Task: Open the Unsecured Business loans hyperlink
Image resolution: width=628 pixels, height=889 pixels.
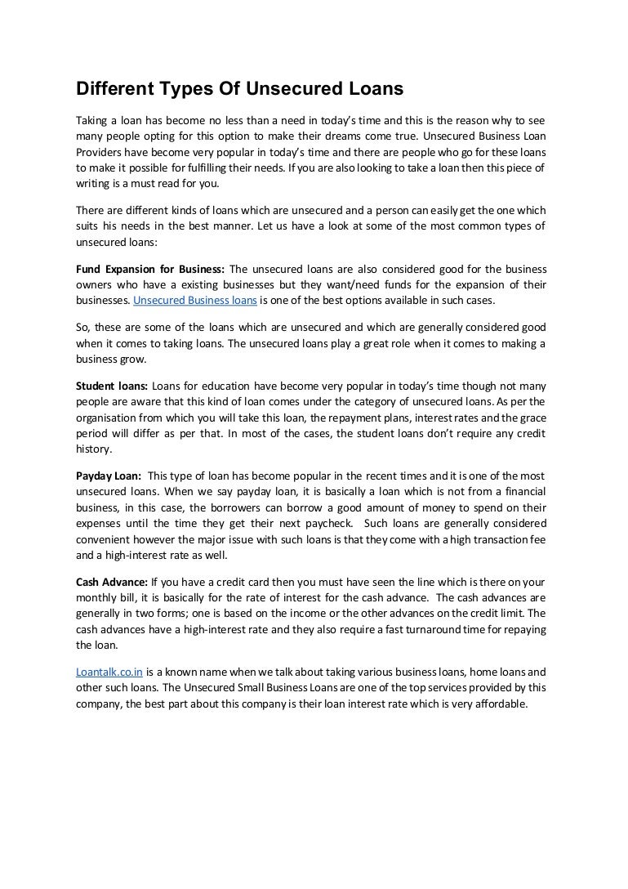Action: coord(195,301)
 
